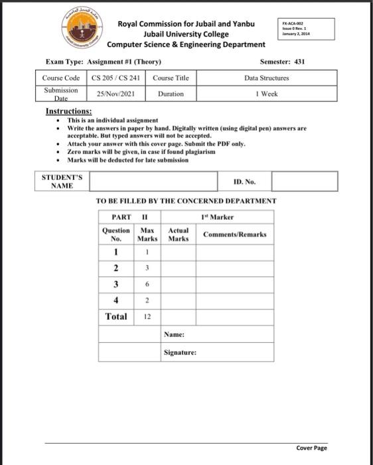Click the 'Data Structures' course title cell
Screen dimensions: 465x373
[266, 78]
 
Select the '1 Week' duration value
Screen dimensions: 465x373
[266, 94]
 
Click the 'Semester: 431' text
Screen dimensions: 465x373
[282, 62]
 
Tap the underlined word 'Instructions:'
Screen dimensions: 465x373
[68, 111]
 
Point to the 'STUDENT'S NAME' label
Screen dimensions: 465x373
[62, 181]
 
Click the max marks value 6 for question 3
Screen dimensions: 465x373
[147, 284]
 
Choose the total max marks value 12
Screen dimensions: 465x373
[147, 316]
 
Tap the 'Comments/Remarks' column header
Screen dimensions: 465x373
[235, 234]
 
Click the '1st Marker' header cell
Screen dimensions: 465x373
[216, 217]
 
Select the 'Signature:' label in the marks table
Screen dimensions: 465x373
[180, 352]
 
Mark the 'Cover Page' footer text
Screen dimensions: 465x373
[311, 448]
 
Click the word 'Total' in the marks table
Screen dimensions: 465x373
[116, 316]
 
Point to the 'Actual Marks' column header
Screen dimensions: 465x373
[178, 234]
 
